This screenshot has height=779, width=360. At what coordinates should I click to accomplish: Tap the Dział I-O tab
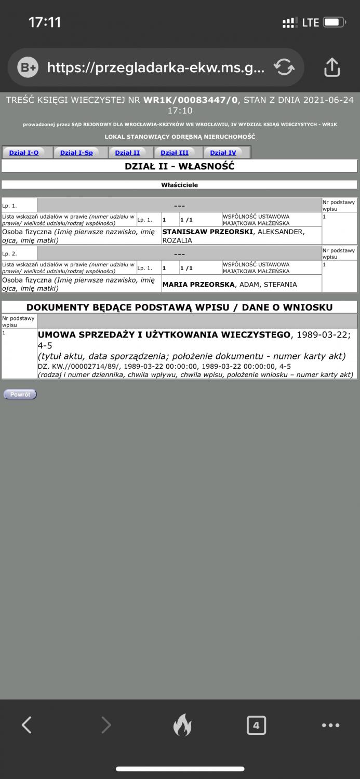tap(24, 153)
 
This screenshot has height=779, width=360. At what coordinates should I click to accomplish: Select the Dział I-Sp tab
tap(76, 153)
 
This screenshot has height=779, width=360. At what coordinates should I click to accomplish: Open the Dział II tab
tap(127, 153)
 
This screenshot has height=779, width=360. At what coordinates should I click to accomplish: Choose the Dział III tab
tap(175, 153)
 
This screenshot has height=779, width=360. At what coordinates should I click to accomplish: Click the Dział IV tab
tap(223, 153)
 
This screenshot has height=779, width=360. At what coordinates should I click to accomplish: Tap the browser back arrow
tap(27, 724)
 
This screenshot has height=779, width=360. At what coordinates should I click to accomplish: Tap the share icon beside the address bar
tap(332, 67)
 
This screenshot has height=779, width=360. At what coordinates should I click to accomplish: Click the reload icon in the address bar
tap(284, 67)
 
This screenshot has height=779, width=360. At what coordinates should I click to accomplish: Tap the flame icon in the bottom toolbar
tap(182, 725)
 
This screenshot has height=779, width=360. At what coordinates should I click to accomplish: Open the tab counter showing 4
tap(256, 725)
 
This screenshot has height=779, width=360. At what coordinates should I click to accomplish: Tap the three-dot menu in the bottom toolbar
tap(330, 725)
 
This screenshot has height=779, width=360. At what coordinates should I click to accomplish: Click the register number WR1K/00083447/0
tap(191, 100)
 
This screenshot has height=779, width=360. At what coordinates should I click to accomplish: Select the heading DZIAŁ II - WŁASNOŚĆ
tap(180, 166)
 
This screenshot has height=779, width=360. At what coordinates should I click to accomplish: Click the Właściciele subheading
tap(180, 184)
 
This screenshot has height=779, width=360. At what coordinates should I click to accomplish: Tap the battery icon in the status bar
tap(334, 22)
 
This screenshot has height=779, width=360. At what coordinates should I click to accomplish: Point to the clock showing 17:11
tap(45, 22)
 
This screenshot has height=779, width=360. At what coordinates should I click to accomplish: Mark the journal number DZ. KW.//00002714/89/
tap(79, 366)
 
